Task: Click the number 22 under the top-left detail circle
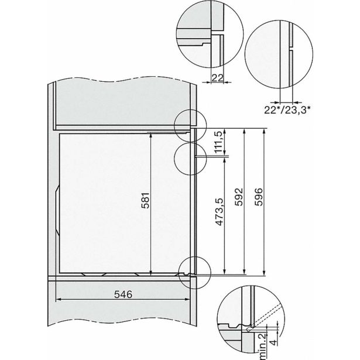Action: (x=216, y=77)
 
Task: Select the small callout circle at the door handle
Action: (x=189, y=156)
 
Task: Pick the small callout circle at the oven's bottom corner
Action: (x=192, y=272)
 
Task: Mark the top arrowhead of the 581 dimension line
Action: (x=152, y=132)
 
